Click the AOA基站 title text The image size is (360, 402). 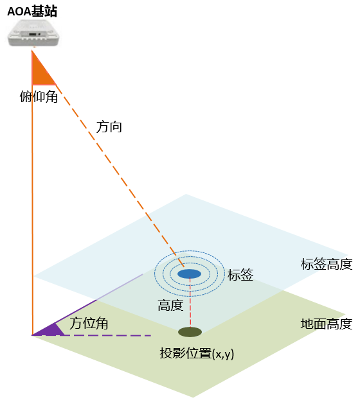[32, 12]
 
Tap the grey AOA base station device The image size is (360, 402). [34, 33]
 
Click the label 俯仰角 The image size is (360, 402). [39, 97]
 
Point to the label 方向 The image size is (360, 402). [109, 127]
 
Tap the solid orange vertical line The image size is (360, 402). [32, 192]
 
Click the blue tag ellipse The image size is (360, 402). [190, 274]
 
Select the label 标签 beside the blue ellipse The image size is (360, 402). [240, 275]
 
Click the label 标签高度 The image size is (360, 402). [327, 264]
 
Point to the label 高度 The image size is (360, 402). [170, 305]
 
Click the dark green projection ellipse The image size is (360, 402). [190, 332]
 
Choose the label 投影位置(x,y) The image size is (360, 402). [197, 353]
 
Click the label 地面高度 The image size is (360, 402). [327, 324]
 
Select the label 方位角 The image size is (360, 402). [89, 323]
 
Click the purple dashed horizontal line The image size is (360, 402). [108, 335]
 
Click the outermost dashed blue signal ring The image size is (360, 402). [190, 250]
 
